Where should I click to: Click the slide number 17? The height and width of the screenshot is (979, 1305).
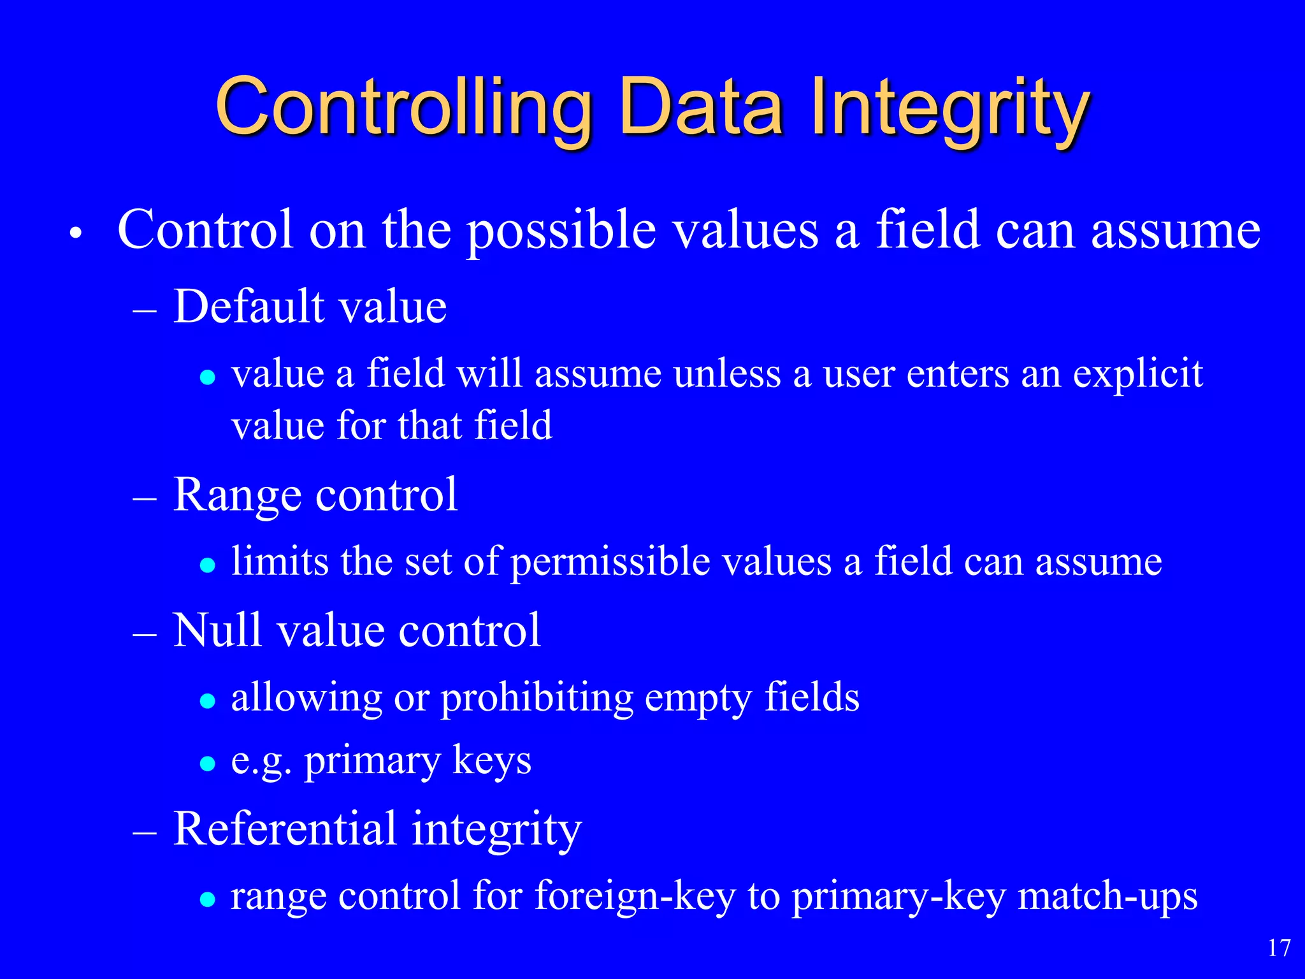pos(1278,948)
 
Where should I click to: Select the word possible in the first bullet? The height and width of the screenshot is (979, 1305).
pos(561,231)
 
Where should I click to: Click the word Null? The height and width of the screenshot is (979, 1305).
pos(217,631)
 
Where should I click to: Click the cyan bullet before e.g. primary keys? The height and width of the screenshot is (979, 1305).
pos(207,764)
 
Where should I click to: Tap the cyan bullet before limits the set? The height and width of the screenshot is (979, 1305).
pos(207,565)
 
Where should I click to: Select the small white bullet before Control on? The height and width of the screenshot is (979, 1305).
pos(76,234)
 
